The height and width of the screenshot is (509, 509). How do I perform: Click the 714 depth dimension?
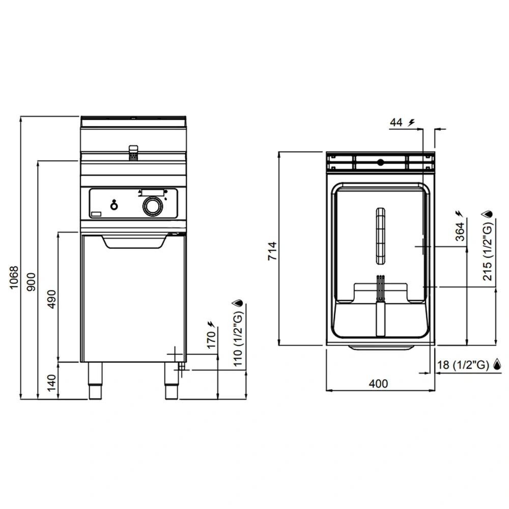coord(272,250)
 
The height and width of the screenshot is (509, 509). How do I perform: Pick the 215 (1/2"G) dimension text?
coord(488,250)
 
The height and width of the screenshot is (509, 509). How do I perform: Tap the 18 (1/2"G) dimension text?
coord(463,364)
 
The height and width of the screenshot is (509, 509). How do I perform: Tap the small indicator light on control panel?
coord(115,205)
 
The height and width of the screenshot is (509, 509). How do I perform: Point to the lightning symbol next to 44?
coord(411,122)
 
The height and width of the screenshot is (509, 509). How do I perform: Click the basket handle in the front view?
coord(133,152)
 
